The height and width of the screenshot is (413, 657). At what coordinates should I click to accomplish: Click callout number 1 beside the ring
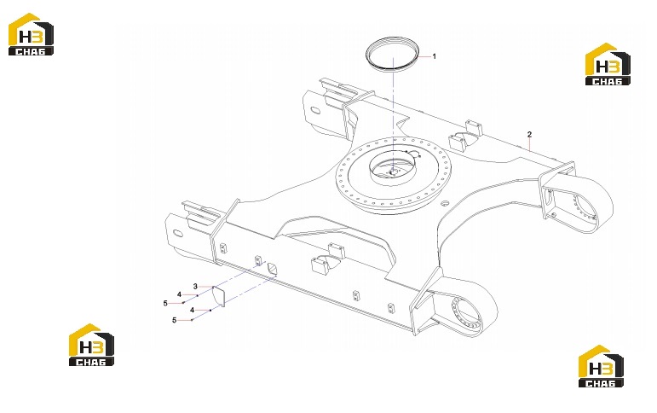coord(434,56)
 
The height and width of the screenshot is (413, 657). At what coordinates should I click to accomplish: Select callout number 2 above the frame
coord(530,134)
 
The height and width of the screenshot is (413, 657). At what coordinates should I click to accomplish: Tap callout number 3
coord(195,287)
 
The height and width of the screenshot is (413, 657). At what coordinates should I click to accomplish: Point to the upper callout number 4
coord(179,294)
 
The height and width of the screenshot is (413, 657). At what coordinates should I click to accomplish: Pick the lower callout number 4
coord(193,310)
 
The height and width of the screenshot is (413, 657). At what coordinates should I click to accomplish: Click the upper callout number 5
coord(165,303)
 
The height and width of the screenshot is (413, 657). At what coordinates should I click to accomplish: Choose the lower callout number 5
coord(175,320)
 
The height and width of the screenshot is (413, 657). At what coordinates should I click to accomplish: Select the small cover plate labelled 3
coord(218,296)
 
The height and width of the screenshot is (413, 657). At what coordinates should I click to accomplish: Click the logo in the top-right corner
coord(608,64)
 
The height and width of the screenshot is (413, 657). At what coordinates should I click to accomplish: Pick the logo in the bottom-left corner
coord(91,345)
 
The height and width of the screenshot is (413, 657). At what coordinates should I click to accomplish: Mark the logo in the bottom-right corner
coord(601,366)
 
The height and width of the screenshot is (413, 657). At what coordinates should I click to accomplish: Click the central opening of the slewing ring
coord(393,169)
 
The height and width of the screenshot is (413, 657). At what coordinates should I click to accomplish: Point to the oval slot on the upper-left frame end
coord(315,111)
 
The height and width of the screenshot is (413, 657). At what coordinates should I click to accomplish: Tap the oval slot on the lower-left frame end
coord(177,233)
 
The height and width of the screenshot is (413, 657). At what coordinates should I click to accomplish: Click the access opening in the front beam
coord(273,269)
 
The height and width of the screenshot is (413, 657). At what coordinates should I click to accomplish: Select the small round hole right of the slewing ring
coord(446,204)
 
